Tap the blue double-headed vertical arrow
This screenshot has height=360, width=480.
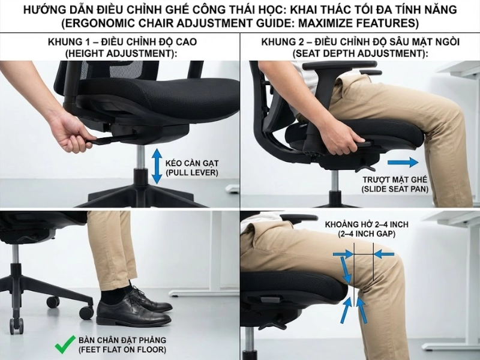click(157, 166)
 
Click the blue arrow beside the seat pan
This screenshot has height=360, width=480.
click(403, 162)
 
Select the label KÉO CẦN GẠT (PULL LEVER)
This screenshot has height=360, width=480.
click(191, 167)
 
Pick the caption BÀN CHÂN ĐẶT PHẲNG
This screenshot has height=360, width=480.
click(122, 340)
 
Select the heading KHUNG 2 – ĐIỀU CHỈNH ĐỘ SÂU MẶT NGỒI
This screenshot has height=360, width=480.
click(359, 43)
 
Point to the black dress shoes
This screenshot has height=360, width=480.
click(132, 307)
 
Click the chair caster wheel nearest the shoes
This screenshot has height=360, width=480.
click(86, 312)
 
